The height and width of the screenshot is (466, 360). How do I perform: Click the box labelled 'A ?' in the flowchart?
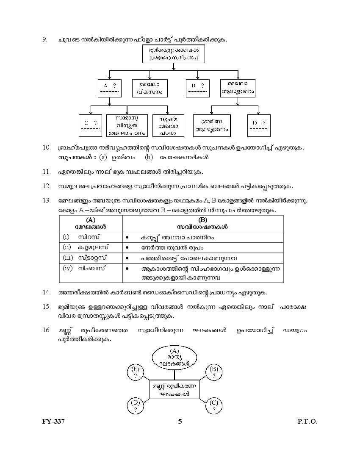point(110,88)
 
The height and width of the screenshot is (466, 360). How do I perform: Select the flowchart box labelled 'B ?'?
point(197,88)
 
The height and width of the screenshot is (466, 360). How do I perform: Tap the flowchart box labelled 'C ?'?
point(91,125)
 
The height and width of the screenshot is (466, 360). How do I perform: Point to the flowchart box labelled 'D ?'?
point(259,125)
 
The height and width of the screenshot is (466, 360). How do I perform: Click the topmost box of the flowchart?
point(173,54)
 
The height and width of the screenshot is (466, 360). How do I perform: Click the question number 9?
point(44,39)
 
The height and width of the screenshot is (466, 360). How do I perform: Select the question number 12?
point(47,186)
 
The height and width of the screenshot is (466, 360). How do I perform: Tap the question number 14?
point(47,292)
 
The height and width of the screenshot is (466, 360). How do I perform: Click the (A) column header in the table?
point(91,223)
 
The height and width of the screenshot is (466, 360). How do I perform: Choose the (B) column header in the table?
point(203,223)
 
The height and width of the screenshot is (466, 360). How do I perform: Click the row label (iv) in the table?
point(68,268)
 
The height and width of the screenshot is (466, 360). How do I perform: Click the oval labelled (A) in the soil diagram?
point(174,357)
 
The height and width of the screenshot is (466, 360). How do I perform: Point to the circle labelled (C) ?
point(214,405)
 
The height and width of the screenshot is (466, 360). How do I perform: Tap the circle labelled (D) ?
point(136,405)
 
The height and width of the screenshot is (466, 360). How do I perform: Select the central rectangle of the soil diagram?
point(174,389)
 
